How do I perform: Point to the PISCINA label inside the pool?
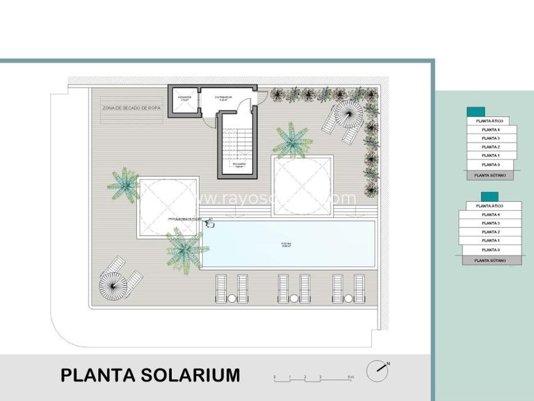click(x=286, y=244)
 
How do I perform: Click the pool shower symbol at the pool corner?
click(x=209, y=223)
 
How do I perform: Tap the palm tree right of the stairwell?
click(x=291, y=140)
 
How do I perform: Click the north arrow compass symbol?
click(x=378, y=370)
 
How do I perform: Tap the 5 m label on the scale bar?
click(x=351, y=377)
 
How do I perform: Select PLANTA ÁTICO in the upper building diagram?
click(x=489, y=121)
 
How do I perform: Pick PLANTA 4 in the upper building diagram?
click(x=491, y=129)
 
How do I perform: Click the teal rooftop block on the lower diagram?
click(x=475, y=197)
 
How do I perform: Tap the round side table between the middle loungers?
click(x=293, y=299)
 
